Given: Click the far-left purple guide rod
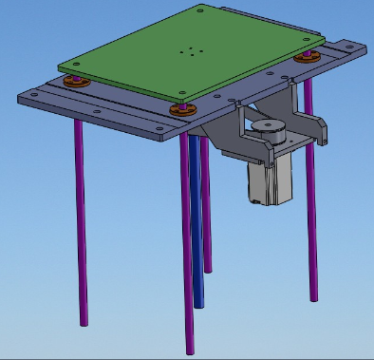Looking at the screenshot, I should point(81,218).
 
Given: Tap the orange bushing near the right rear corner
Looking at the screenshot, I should point(306,57).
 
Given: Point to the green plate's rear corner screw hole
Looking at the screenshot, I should point(202,11).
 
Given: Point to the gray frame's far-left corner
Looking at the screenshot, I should point(24,96).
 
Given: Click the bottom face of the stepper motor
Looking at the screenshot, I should point(266,201).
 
